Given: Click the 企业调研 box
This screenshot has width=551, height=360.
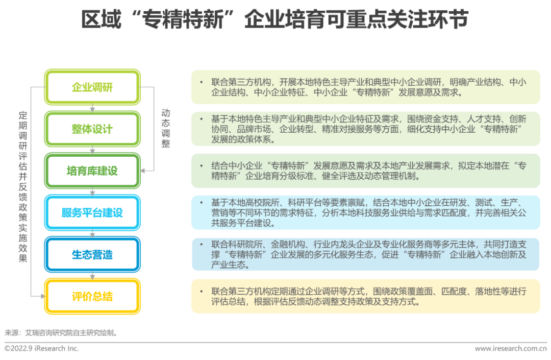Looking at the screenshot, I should coord(92,87).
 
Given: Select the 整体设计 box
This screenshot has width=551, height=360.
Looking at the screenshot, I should coord(92,129).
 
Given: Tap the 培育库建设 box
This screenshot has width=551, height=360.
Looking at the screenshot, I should coord(92,171).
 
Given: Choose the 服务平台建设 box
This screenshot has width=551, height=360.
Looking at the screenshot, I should coord(92,212).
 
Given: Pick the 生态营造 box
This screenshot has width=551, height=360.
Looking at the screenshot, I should coord(92,254).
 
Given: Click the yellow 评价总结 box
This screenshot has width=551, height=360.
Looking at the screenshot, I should coord(92,296).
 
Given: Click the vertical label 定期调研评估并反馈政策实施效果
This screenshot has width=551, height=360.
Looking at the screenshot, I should coord(23,186).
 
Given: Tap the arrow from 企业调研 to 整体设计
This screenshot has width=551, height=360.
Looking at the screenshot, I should coord(92,108).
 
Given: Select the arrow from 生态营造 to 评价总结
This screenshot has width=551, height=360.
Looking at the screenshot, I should coord(92,275).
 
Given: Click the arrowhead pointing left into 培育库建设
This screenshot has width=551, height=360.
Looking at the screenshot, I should coord(144,171).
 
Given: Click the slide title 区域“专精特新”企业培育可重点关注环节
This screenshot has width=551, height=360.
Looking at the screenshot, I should coord(275,20).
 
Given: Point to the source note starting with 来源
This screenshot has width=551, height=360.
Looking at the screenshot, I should coord(61,332).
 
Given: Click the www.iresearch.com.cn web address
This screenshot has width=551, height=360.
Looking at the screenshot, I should coord(510,348).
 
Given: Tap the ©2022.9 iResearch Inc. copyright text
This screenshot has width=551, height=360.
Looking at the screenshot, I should coord(42,348).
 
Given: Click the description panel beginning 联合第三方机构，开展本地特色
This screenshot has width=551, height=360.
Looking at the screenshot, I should coord(365,87).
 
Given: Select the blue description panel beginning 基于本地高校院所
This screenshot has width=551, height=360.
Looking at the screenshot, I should coord(365,212).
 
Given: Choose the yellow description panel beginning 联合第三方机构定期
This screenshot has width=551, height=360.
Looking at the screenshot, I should coord(365,296).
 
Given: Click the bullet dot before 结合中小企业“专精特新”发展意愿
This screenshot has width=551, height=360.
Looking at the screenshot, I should coord(202,165).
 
